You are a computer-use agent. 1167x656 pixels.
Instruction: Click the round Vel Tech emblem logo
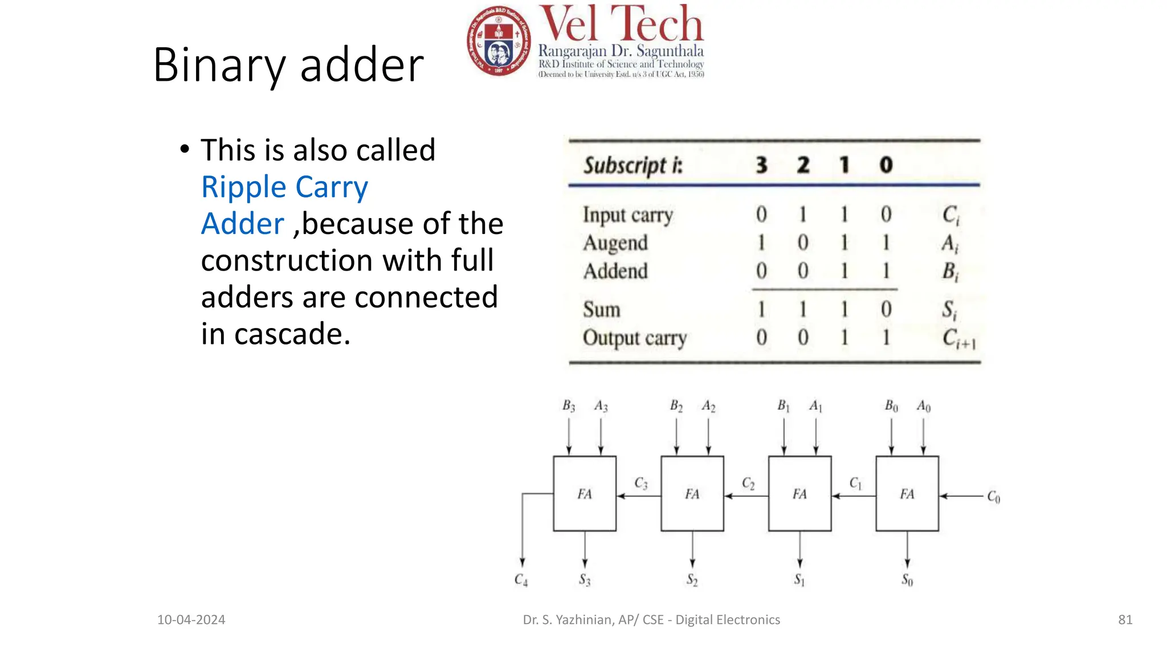click(499, 42)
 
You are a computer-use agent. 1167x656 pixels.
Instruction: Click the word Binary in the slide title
click(219, 65)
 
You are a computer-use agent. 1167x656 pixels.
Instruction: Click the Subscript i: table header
click(633, 165)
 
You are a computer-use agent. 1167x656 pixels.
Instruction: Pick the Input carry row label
click(627, 215)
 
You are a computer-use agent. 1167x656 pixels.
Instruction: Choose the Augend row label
click(615, 243)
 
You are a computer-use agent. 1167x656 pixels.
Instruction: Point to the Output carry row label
click(634, 338)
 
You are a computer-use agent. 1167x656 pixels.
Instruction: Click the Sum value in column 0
click(886, 310)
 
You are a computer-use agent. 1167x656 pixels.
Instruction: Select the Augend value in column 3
click(761, 243)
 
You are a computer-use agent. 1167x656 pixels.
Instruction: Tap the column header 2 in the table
click(803, 165)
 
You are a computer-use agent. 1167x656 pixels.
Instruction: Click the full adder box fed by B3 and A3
click(585, 494)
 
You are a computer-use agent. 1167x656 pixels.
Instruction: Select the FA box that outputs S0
click(907, 494)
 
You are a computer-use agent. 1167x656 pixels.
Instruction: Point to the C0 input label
click(994, 497)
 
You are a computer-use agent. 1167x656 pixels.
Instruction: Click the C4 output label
click(521, 580)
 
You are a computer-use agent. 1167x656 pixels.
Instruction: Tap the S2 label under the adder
click(692, 580)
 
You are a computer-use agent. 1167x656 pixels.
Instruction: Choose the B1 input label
click(784, 406)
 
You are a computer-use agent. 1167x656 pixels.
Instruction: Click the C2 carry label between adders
click(748, 484)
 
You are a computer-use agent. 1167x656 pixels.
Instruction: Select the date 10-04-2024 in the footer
click(191, 620)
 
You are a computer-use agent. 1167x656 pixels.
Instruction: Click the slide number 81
click(1125, 620)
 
